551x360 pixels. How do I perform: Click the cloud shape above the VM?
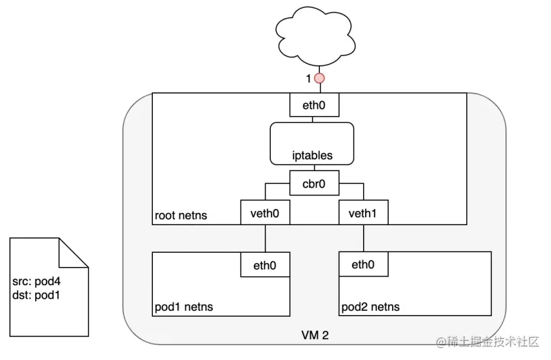point(315,36)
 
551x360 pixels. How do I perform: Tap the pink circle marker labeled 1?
point(319,78)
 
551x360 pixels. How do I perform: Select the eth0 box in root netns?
point(314,104)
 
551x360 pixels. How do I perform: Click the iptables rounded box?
point(312,144)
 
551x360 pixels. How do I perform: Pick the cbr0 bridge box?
point(314,183)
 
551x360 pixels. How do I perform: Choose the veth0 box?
point(265,212)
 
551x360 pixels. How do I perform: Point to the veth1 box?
point(363,212)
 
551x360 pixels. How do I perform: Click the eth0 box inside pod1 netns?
point(265,265)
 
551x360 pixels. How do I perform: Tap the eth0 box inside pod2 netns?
point(363,264)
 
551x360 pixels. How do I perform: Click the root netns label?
point(181,215)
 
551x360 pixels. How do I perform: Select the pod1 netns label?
point(184,307)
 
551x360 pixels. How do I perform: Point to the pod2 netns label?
point(370,307)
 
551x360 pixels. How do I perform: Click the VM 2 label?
point(315,335)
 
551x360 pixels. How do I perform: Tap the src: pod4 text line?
point(36,281)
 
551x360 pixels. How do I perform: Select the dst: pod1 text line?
point(36,295)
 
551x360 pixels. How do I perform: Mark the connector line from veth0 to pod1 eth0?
point(265,239)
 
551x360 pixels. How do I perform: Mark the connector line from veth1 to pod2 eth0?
point(364,239)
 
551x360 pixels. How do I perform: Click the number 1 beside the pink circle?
point(309,79)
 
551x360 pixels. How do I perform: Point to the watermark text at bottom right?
point(488,341)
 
